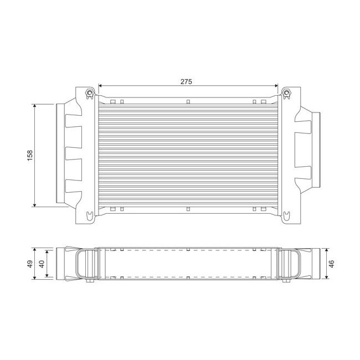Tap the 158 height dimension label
pyautogui.click(x=30, y=155)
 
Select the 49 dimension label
pyautogui.click(x=30, y=264)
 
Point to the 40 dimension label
pyautogui.click(x=42, y=264)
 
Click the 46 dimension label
pyautogui.click(x=331, y=263)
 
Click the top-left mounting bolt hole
pyautogui.click(x=89, y=92)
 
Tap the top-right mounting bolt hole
pyautogui.click(x=286, y=92)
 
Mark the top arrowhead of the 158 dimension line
pyautogui.click(x=35, y=106)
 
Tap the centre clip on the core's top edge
pyautogui.click(x=188, y=101)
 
